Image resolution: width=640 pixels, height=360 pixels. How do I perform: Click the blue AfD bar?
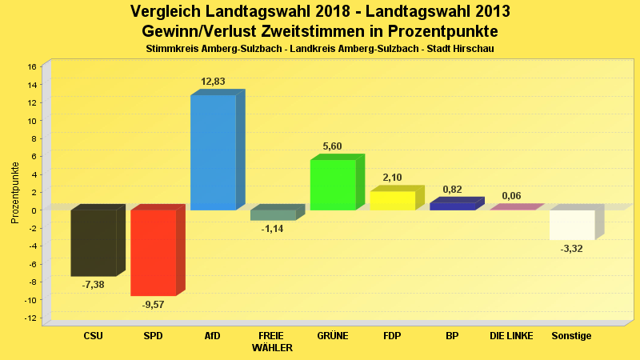click(x=213, y=152)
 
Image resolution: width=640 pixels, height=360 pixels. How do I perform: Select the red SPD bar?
click(x=153, y=252)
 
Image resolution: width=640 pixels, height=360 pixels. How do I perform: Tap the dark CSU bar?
click(x=94, y=242)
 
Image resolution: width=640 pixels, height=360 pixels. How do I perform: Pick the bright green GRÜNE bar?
click(x=333, y=185)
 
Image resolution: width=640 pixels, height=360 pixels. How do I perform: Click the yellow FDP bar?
click(x=393, y=201)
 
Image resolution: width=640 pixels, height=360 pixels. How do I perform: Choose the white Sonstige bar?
click(x=572, y=225)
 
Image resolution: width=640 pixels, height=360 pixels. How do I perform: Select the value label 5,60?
click(x=332, y=146)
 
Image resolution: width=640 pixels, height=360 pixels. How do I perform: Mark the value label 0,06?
click(x=511, y=196)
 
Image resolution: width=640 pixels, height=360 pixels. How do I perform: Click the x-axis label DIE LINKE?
click(x=511, y=336)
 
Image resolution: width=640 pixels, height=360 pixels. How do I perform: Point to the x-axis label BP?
click(x=452, y=336)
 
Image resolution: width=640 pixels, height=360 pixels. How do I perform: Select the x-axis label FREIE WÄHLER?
click(x=272, y=342)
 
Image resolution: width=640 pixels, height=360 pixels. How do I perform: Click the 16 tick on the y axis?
click(x=32, y=66)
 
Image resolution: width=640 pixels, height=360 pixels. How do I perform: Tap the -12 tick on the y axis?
click(x=31, y=318)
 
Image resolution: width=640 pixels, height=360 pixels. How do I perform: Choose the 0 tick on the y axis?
click(x=34, y=210)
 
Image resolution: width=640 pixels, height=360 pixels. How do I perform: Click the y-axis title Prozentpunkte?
click(x=14, y=193)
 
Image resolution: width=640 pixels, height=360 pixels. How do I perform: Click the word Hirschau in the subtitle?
click(x=474, y=49)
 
